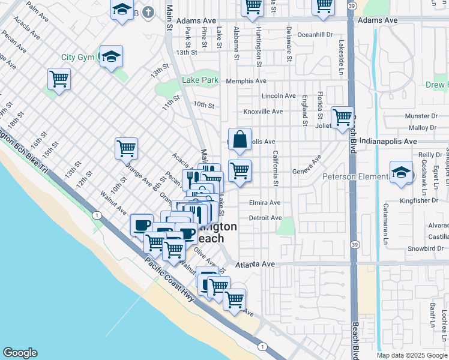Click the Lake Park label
click(x=200, y=80)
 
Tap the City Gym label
click(x=79, y=58)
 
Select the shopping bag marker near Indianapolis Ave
click(x=240, y=140)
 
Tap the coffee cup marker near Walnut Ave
click(x=142, y=226)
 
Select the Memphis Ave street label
click(x=246, y=81)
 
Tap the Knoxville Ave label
click(x=262, y=112)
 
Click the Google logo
click(x=19, y=353)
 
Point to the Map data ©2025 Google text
click(x=412, y=355)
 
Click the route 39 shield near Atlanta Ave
click(x=355, y=245)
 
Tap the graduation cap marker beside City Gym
click(x=112, y=57)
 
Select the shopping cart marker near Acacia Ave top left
click(x=59, y=79)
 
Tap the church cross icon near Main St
click(x=152, y=13)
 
